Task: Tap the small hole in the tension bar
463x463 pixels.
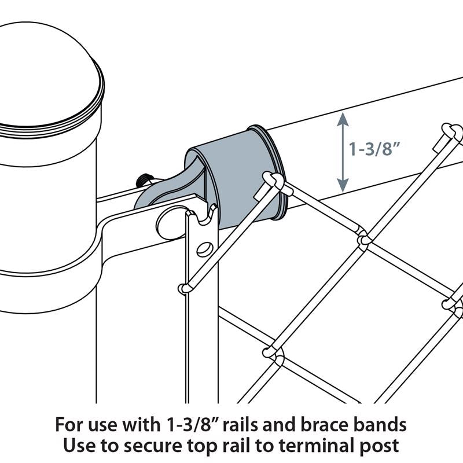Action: pos(203,249)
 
